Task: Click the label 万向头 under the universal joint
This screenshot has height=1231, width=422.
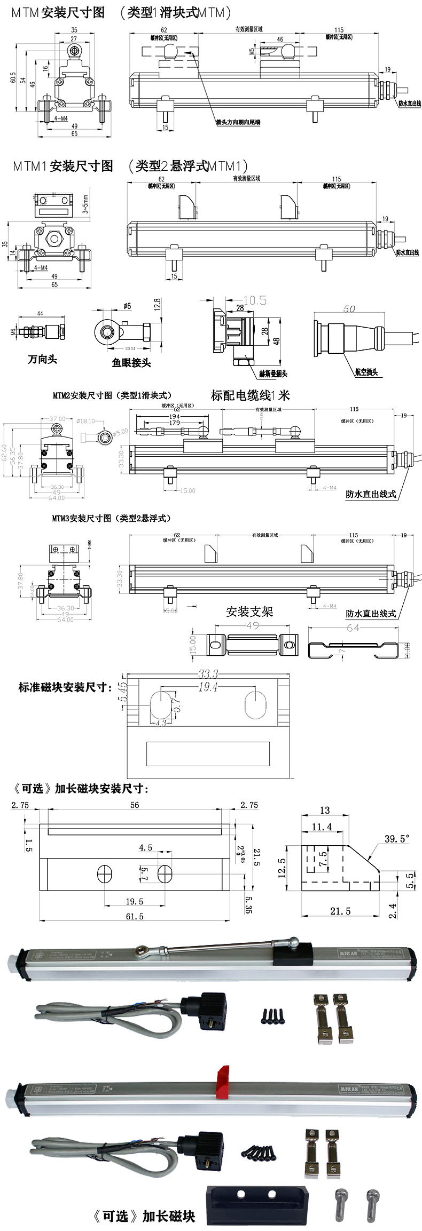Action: [x=42, y=359]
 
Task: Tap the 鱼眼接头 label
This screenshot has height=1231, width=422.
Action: [x=131, y=363]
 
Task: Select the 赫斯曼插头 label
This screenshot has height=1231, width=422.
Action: [x=273, y=374]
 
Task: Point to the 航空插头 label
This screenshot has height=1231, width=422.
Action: [x=366, y=372]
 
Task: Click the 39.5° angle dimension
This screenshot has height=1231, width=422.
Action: [x=397, y=838]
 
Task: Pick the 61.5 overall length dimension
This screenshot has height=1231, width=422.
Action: [x=134, y=916]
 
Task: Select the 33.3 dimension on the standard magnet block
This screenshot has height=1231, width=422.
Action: [x=208, y=674]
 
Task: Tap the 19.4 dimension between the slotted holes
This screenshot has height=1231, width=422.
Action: [x=208, y=687]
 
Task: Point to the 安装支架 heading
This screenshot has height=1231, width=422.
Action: [x=249, y=611]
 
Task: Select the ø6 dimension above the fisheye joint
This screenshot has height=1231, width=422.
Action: [x=127, y=306]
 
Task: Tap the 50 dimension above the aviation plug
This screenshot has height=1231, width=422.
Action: [x=349, y=309]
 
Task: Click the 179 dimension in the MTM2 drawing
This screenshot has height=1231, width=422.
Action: [x=174, y=423]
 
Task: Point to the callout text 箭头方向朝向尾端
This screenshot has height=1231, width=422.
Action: [x=238, y=122]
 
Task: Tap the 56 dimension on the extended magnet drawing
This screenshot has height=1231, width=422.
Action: [x=135, y=805]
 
